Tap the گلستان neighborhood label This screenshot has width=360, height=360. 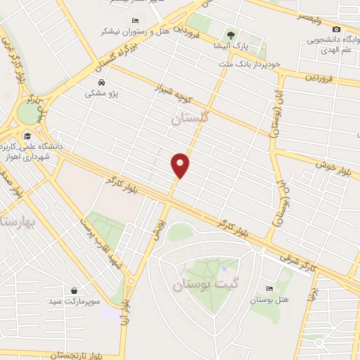coord(191,120)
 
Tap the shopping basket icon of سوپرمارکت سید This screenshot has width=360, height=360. coord(75,290)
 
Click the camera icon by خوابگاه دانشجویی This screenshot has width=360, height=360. coord(337,29)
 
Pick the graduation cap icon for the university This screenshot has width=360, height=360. coord(27,136)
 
